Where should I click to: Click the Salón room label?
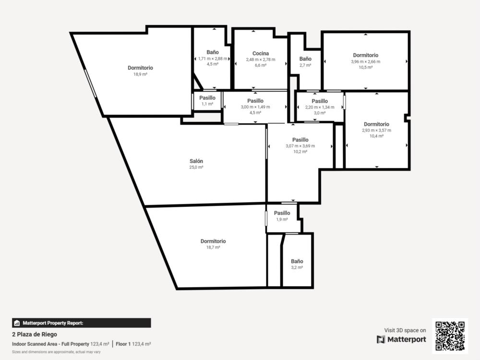click(x=196, y=161)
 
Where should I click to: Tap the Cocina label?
click(x=261, y=53)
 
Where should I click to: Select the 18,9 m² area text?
click(x=140, y=74)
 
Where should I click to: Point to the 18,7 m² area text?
click(x=213, y=247)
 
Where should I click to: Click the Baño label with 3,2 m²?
click(x=297, y=261)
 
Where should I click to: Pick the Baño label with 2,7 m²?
click(x=305, y=59)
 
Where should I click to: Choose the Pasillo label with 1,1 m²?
click(x=207, y=97)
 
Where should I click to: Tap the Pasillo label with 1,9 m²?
click(x=282, y=213)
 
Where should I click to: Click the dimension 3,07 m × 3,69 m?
click(x=300, y=146)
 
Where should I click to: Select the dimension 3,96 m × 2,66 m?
click(x=365, y=61)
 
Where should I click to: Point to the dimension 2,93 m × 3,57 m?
click(x=376, y=130)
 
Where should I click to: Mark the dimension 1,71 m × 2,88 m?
click(x=213, y=59)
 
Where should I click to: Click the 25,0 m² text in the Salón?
click(x=196, y=167)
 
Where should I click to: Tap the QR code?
click(x=450, y=336)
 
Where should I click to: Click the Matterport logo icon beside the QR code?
click(x=381, y=339)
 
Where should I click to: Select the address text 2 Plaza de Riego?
click(x=35, y=334)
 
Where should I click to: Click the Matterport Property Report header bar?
click(x=82, y=323)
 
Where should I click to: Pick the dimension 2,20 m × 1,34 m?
click(x=320, y=107)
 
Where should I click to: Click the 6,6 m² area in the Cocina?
click(x=261, y=65)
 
